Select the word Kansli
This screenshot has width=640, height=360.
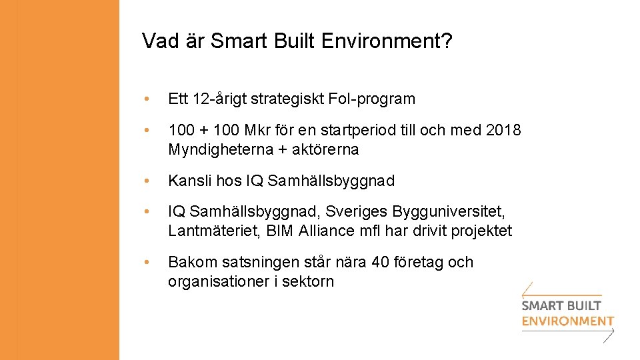point(187,181)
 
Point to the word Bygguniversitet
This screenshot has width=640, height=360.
point(449,212)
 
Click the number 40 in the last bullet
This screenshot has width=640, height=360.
point(381,263)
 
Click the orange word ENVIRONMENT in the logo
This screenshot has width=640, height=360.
point(567,321)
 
